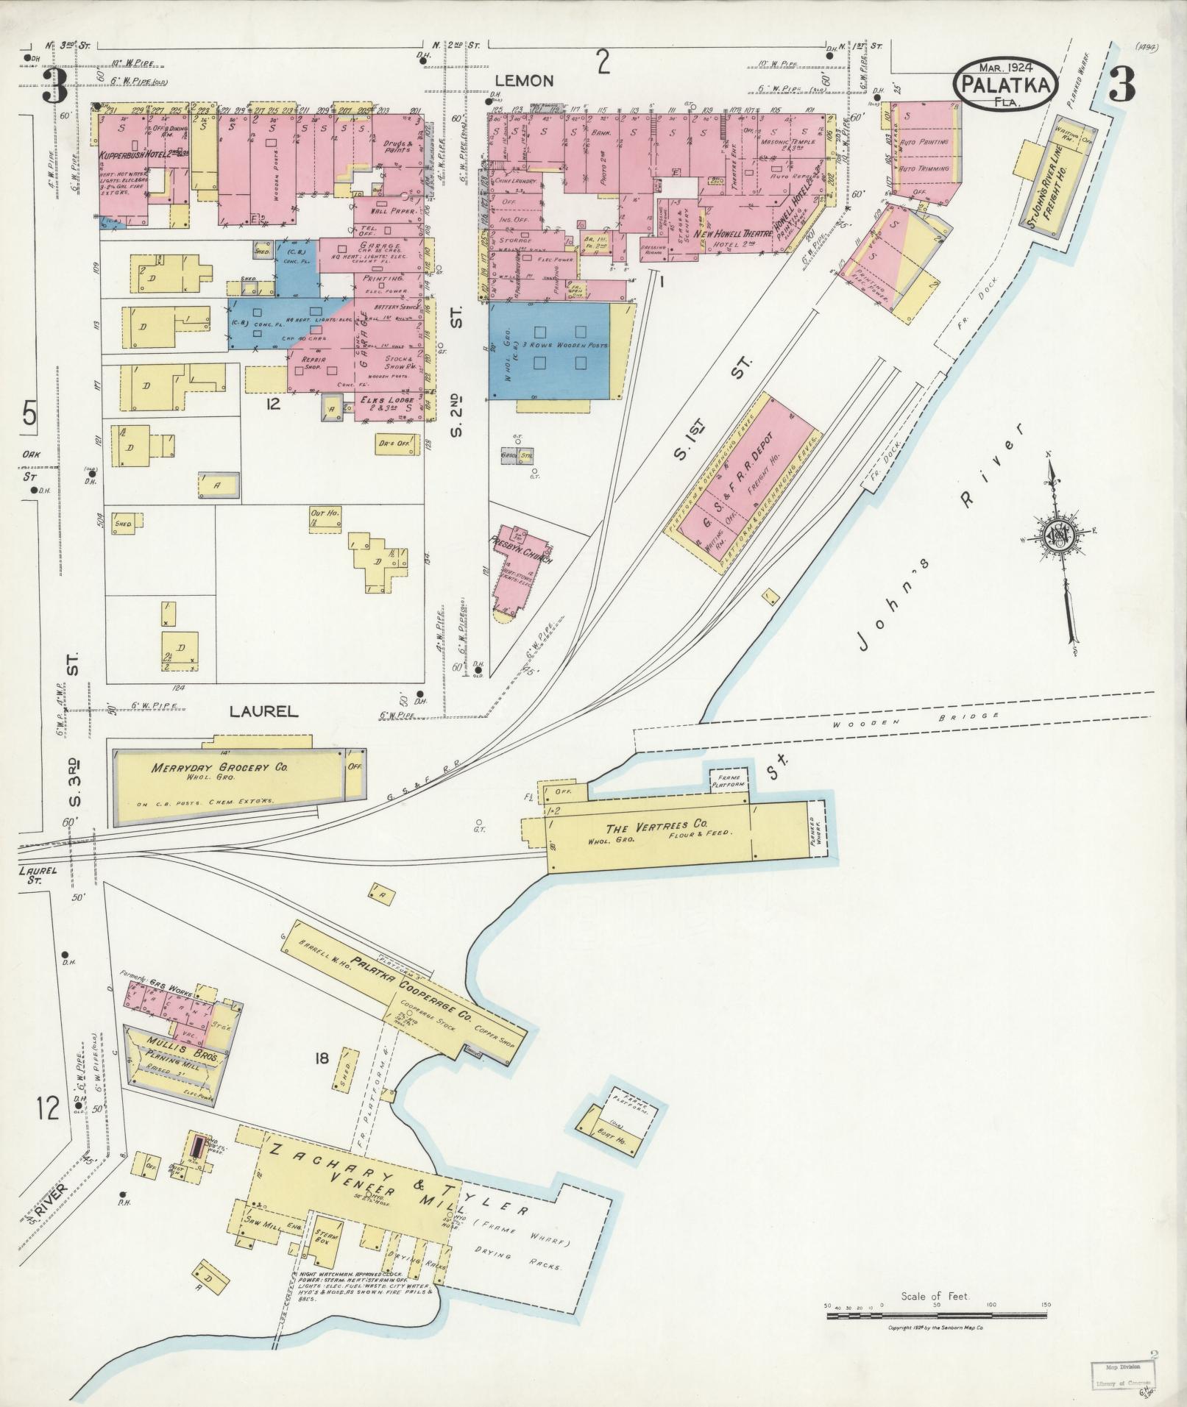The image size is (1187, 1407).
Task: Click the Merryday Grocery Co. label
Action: click(x=219, y=768)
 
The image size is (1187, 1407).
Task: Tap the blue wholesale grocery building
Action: click(x=549, y=351)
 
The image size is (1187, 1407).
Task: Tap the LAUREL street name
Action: click(x=263, y=711)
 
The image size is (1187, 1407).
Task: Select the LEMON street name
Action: click(x=523, y=80)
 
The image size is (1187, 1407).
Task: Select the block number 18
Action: click(x=322, y=1059)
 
